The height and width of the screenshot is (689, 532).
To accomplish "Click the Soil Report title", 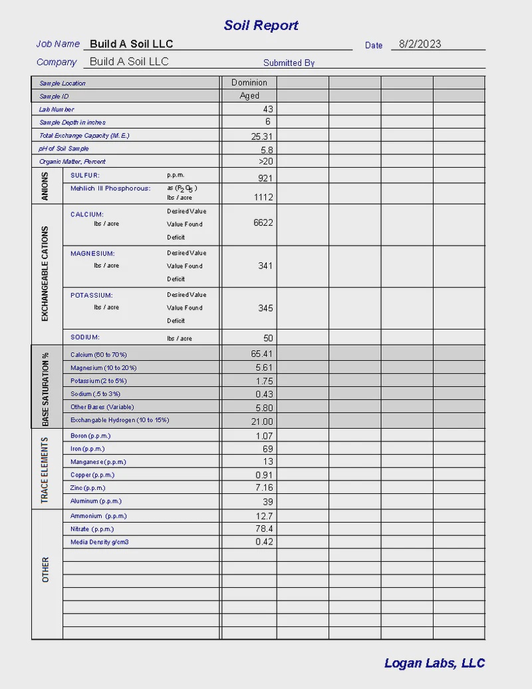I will coord(261,25).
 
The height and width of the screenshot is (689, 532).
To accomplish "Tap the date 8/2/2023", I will coord(420,44).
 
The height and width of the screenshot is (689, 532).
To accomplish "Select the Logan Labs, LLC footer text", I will coord(434,663).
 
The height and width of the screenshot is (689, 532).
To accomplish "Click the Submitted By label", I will coord(289,63).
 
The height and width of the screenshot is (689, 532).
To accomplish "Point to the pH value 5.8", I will coord(267,150).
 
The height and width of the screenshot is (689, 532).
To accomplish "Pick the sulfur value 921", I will coord(265,178).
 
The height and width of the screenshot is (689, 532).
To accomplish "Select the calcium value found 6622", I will coord(263,223).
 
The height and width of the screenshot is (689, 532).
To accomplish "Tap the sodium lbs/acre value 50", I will coord(268,338).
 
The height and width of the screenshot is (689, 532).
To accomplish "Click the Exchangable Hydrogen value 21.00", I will coord(261,421).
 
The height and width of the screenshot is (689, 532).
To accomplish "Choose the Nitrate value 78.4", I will coord(264,529).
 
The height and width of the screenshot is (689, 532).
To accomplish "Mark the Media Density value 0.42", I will coord(264,542).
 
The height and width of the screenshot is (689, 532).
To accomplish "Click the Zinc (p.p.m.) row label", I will coord(88,488).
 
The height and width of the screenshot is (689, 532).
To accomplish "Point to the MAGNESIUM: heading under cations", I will coord(92,254).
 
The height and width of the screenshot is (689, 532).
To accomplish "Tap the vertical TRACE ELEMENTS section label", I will coord(45,470).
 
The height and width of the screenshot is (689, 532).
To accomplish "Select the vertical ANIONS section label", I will coord(45,186).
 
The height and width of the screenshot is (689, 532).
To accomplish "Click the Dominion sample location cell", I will coord(249,83).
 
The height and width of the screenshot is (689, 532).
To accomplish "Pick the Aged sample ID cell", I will coord(249,96).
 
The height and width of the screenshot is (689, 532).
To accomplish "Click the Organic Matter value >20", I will coord(265,162).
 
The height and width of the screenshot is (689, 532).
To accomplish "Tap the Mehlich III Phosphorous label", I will coord(110,188).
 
